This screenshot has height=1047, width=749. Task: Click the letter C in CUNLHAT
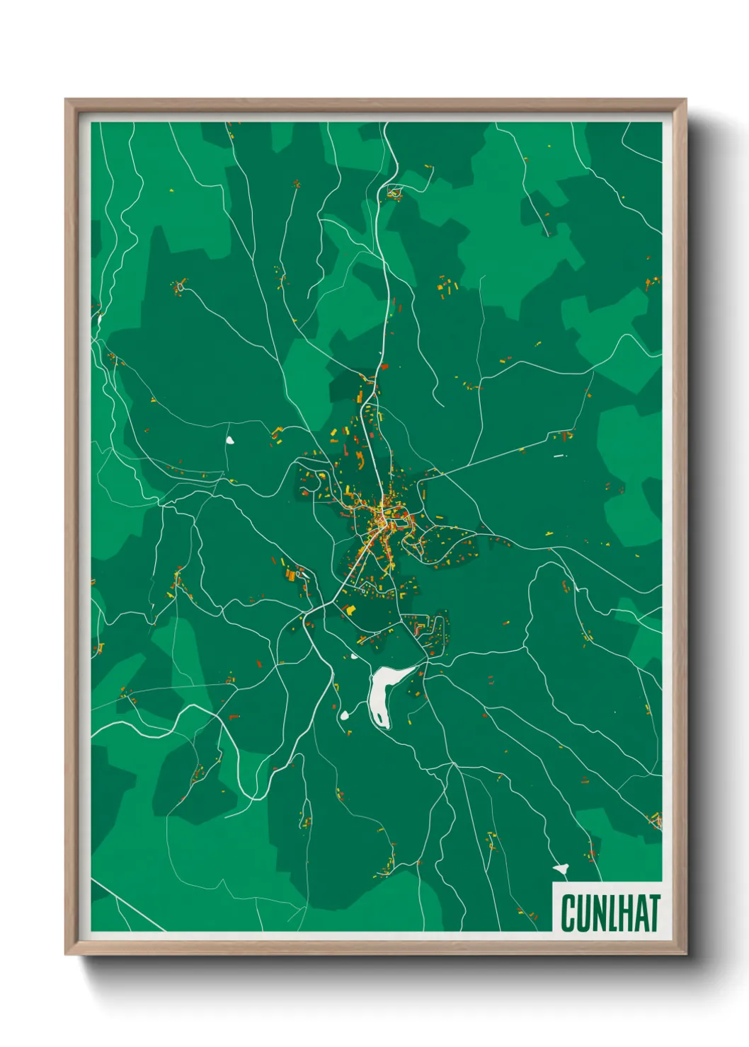tap(568, 913)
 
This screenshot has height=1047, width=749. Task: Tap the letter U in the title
tap(585, 913)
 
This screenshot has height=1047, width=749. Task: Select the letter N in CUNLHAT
tap(601, 913)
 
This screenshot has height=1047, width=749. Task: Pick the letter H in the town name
tap(626, 913)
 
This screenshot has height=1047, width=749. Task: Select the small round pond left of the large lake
tap(345, 715)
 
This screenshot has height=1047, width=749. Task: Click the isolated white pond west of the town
tap(229, 440)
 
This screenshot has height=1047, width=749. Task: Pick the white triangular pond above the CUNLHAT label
tap(561, 867)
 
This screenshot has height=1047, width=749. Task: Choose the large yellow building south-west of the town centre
tap(350, 608)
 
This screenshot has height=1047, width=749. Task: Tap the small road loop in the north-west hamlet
tap(181, 287)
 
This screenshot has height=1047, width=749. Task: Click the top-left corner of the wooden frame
tap(67, 100)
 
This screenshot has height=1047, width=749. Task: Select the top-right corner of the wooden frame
tap(685, 100)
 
